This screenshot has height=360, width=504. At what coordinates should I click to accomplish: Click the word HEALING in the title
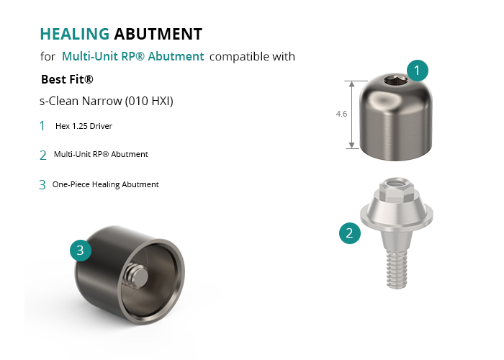(x=75, y=34)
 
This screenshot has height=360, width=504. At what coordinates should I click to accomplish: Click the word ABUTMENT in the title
(x=158, y=34)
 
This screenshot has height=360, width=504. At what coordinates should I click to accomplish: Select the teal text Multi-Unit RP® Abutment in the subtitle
(x=132, y=57)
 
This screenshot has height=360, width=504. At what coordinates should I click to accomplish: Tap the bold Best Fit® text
(x=67, y=79)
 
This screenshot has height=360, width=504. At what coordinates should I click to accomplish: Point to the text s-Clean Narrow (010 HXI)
(x=107, y=101)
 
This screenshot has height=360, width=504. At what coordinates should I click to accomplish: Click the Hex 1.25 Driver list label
(x=84, y=126)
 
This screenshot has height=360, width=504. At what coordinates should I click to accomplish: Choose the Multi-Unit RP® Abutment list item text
(x=101, y=154)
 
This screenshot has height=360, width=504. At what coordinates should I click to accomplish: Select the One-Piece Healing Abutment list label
(x=105, y=184)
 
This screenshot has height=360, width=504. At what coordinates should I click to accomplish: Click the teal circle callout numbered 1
(x=417, y=71)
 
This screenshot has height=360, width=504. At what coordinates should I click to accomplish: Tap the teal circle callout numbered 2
(x=350, y=233)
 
